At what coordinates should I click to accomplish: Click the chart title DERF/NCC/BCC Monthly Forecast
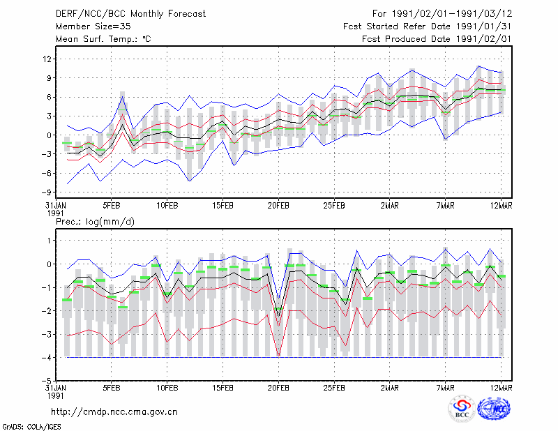pyautogui.click(x=130, y=14)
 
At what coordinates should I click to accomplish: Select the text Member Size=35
pyautogui.click(x=93, y=27)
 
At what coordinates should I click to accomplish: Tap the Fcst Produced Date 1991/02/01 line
pyautogui.click(x=437, y=39)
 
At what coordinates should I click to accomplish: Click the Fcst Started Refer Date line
pyautogui.click(x=428, y=27)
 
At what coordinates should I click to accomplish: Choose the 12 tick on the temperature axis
pyautogui.click(x=47, y=59)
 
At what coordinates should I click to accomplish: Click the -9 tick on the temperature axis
pyautogui.click(x=46, y=192)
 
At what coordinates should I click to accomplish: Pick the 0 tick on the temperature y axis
pyautogui.click(x=50, y=135)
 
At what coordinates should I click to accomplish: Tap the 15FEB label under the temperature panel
pyautogui.click(x=223, y=206)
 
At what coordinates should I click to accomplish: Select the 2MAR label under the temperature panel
pyautogui.click(x=390, y=206)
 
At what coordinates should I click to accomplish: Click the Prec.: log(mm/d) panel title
pyautogui.click(x=95, y=222)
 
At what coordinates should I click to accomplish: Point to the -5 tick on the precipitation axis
pyautogui.click(x=47, y=381)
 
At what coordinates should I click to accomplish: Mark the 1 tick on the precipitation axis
pyautogui.click(x=50, y=241)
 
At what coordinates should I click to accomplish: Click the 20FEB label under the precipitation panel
pyautogui.click(x=278, y=388)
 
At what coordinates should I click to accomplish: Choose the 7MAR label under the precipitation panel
pyautogui.click(x=445, y=388)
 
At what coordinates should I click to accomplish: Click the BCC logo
pyautogui.click(x=462, y=409)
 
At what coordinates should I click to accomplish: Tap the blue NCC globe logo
pyautogui.click(x=494, y=409)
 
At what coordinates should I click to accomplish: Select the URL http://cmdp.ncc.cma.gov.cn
pyautogui.click(x=114, y=412)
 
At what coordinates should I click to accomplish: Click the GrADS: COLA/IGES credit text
pyautogui.click(x=31, y=427)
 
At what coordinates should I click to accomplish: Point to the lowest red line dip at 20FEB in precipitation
pyautogui.click(x=278, y=356)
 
